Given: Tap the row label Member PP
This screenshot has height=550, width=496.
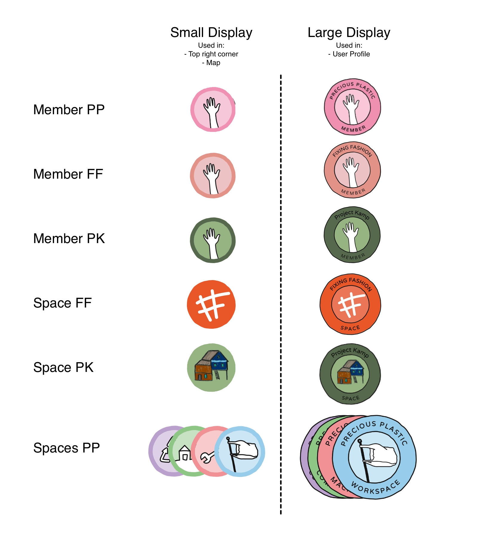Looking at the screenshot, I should coord(69,110).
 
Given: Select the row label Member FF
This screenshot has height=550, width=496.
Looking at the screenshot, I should coord(68,174).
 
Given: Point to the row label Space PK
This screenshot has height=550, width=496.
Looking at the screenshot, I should coord(63,367).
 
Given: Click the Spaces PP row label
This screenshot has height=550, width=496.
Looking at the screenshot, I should coord(67,448).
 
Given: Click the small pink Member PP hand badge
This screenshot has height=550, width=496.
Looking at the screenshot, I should coord(213,110).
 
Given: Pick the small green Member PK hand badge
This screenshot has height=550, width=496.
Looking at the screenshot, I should coord(213,240).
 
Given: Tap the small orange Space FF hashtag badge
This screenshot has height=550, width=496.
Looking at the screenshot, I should coord(211,304).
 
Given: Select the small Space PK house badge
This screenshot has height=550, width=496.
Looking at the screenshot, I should coord(211,367).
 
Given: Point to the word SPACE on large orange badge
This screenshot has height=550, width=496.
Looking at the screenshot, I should coord(350,328).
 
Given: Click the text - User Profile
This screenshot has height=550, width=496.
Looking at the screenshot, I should coord(349,54).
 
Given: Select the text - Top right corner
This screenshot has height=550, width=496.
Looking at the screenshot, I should coord(211,54).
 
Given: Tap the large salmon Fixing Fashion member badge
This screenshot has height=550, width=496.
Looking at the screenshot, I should coord(352,170).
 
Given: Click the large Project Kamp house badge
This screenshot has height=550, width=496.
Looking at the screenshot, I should coord(350,374).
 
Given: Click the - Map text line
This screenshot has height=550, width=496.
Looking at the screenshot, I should coord(211,63).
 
